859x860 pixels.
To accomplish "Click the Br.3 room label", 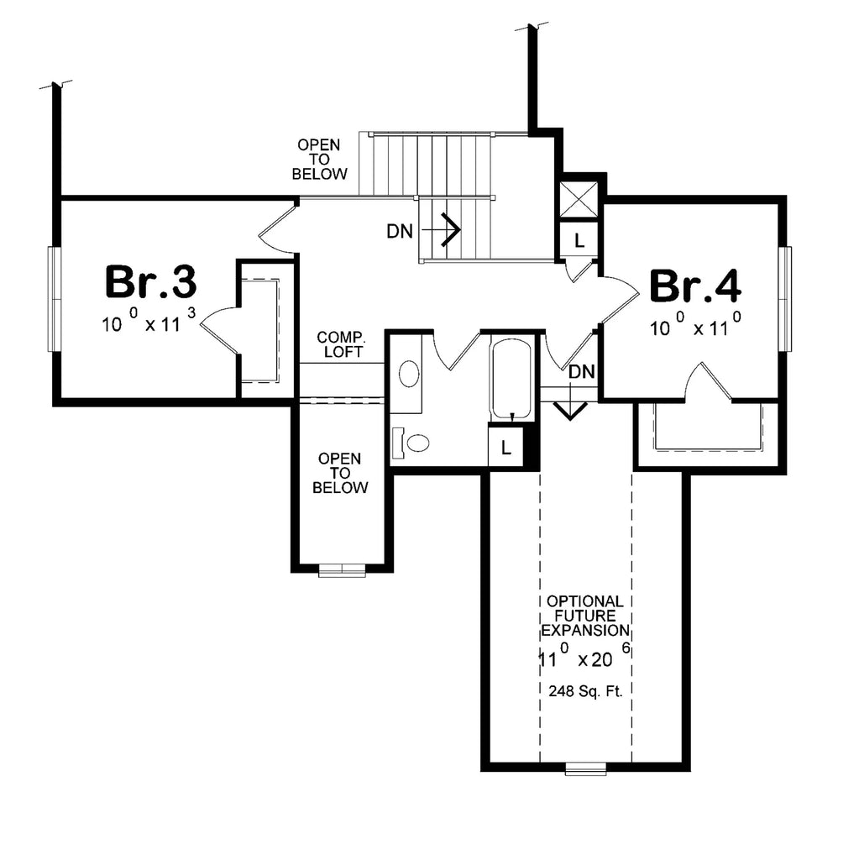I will click(x=150, y=282).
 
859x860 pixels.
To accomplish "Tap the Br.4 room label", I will click(x=695, y=286).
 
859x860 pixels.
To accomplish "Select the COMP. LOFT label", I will click(x=340, y=344).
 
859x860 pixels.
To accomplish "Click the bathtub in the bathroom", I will click(x=511, y=379).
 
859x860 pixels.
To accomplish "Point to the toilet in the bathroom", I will click(x=411, y=442).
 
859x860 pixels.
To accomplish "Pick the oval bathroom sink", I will click(x=409, y=374).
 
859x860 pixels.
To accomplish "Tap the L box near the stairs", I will click(x=579, y=240).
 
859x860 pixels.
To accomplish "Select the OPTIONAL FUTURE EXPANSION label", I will click(x=584, y=616).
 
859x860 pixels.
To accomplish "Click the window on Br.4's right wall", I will click(x=786, y=299).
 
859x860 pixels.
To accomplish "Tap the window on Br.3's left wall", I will click(x=54, y=299).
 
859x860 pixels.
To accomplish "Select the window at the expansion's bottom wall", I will click(x=585, y=768).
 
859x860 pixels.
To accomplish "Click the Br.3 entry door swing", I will click(x=275, y=228).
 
